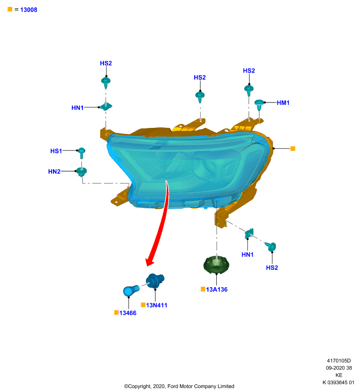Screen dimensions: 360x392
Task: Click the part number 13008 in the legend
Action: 28,10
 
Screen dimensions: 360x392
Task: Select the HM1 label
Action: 283,103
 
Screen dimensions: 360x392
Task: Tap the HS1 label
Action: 56,151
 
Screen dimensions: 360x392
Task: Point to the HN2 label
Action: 54,171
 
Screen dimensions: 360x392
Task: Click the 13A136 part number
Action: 217,290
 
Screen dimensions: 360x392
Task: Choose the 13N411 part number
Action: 156,305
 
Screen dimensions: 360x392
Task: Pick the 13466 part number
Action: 128,313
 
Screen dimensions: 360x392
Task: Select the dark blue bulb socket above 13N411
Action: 155,280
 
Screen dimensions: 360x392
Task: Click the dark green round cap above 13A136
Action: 216,265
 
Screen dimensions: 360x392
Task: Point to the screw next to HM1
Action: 259,105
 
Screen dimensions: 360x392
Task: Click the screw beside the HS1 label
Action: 81,153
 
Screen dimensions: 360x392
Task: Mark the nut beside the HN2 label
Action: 81,172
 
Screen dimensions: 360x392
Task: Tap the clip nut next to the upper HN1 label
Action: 106,106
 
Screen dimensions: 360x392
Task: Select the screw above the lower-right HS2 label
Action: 271,246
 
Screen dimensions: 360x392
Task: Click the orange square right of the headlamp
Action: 293,148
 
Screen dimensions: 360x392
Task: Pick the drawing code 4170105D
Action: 339,361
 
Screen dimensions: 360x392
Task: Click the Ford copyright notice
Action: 179,386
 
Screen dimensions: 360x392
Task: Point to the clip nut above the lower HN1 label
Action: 249,234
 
